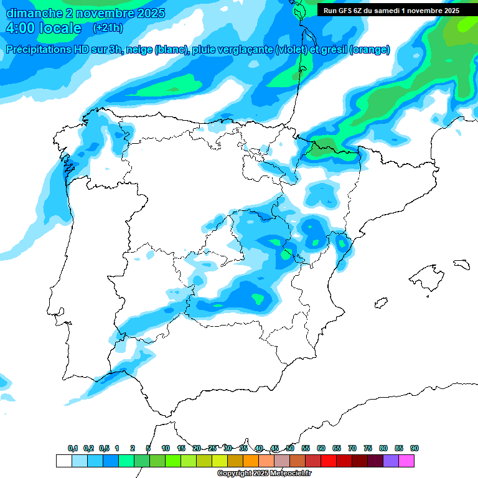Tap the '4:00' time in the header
pyautogui.click(x=21, y=28)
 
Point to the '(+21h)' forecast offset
pyautogui.click(x=108, y=27)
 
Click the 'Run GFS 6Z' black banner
pyautogui.click(x=391, y=10)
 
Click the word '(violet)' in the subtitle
pyautogui.click(x=293, y=50)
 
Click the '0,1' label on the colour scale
pyautogui.click(x=73, y=448)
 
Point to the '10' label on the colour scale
pyautogui.click(x=166, y=448)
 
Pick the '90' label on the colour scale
pyautogui.click(x=415, y=448)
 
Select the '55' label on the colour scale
pyautogui.click(x=306, y=448)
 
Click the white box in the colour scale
pyautogui.click(x=63, y=461)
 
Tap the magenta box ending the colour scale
pyautogui.click(x=406, y=461)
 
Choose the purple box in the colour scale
pyautogui.click(x=391, y=461)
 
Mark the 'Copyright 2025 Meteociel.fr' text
pyautogui.click(x=265, y=474)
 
